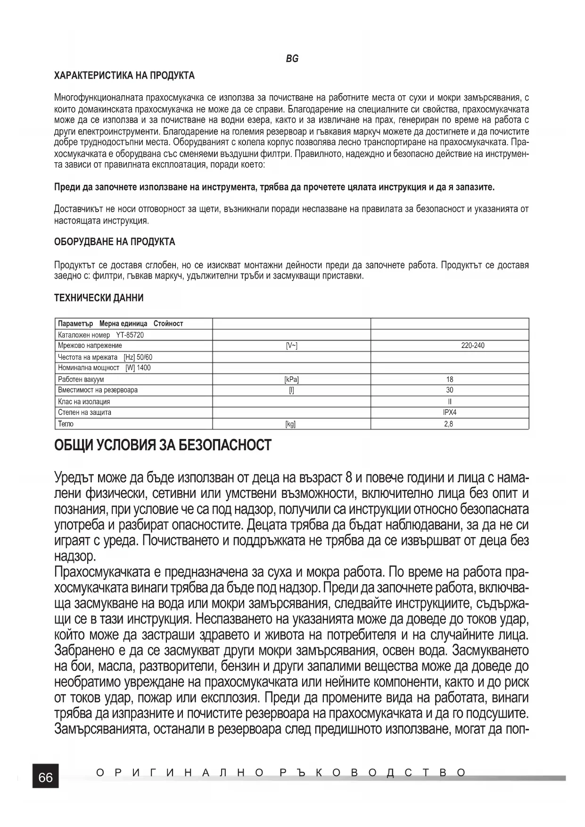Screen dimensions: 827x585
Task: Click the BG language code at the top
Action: coord(292,59)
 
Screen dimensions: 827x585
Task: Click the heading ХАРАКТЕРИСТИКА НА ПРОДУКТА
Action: coord(124,75)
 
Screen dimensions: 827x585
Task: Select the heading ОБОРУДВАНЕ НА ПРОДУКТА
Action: coord(115,242)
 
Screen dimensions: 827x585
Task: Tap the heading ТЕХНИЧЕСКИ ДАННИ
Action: coord(99,298)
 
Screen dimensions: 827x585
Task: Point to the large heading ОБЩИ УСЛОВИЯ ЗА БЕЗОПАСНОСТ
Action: coord(163,445)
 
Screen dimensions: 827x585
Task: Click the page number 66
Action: coord(46,777)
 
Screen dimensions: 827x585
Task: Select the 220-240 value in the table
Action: coord(472,346)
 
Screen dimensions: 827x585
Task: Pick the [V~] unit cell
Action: coord(292,346)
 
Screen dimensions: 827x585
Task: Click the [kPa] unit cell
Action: coord(291,379)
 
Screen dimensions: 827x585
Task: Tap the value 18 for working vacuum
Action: coord(450,379)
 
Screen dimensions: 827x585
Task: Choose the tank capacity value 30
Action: coord(450,390)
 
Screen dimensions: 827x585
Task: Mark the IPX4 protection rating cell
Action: coord(450,412)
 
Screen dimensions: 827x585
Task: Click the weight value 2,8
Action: coord(449,424)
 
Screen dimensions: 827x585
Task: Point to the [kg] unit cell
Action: coord(290,424)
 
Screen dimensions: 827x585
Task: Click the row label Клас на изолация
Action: coord(84,402)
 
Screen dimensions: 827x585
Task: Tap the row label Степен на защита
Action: coord(85,412)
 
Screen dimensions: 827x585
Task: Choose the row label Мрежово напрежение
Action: coord(90,346)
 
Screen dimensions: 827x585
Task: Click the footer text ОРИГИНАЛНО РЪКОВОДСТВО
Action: coord(281,773)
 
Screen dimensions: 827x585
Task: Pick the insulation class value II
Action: coord(450,402)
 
